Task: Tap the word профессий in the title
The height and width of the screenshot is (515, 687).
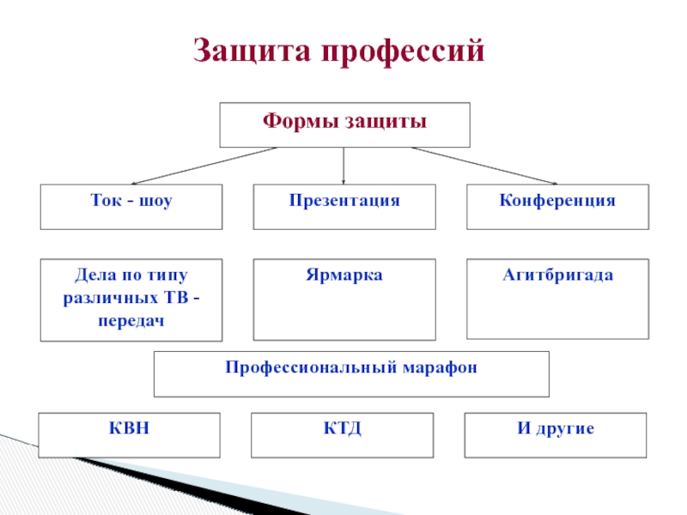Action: click(404, 51)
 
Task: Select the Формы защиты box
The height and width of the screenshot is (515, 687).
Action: click(344, 125)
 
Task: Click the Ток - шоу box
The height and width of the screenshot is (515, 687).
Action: click(131, 206)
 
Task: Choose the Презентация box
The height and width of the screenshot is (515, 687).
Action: click(343, 206)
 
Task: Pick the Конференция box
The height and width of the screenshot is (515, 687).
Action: click(557, 206)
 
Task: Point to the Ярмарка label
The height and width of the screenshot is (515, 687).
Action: click(343, 276)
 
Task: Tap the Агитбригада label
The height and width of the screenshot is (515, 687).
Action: click(557, 276)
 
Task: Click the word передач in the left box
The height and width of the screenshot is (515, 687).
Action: click(131, 320)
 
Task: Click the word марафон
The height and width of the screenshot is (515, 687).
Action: click(438, 367)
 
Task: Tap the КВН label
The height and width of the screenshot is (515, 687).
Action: click(131, 427)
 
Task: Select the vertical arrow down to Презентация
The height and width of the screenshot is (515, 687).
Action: click(343, 165)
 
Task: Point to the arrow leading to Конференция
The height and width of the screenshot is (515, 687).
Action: click(485, 165)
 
